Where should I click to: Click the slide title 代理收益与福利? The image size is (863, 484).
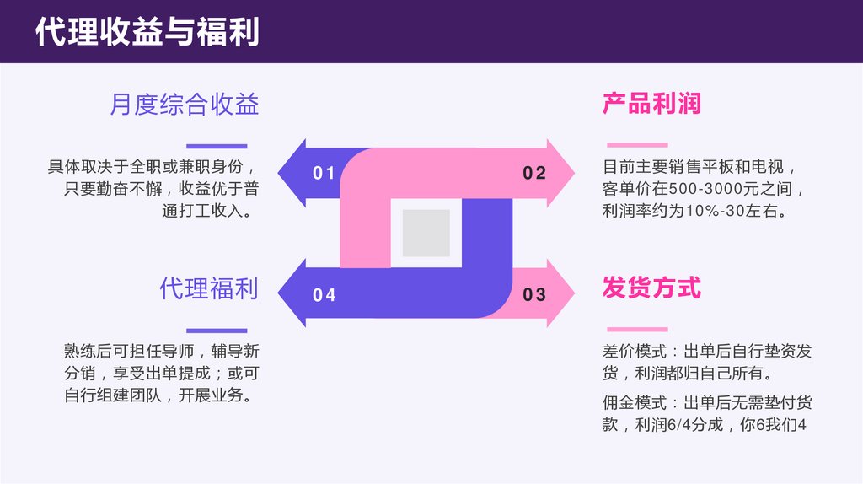[x=147, y=32]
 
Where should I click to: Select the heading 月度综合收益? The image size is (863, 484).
[x=184, y=105]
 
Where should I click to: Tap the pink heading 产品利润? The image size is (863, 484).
[x=651, y=104]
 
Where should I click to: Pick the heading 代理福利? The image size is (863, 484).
[x=209, y=288]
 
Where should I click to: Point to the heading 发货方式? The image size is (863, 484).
[x=651, y=288]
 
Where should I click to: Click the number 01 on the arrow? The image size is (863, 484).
[x=324, y=174]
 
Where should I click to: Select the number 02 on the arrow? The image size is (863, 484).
[x=535, y=174]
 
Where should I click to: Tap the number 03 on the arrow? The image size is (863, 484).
[x=535, y=295]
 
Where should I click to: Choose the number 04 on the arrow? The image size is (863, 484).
[x=324, y=295]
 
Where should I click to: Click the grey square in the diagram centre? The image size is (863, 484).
[x=426, y=234]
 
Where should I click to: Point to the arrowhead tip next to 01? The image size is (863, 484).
[x=281, y=173]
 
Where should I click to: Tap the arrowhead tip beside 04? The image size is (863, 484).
[x=281, y=293]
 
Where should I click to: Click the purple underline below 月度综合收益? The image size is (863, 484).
[x=217, y=146]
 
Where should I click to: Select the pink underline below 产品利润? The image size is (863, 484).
[x=636, y=145]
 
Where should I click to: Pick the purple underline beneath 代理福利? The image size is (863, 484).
[x=217, y=331]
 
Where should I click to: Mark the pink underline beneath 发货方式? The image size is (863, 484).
[x=636, y=330]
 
